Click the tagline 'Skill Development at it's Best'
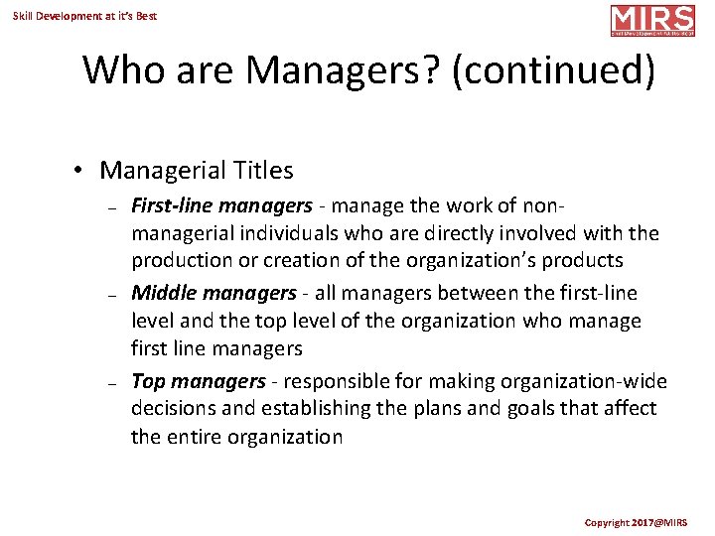[x=84, y=16]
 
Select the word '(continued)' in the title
[x=553, y=70]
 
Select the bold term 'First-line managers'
[x=221, y=206]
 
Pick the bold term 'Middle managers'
[x=214, y=294]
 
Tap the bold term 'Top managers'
[x=199, y=382]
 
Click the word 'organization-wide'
[x=590, y=382]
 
